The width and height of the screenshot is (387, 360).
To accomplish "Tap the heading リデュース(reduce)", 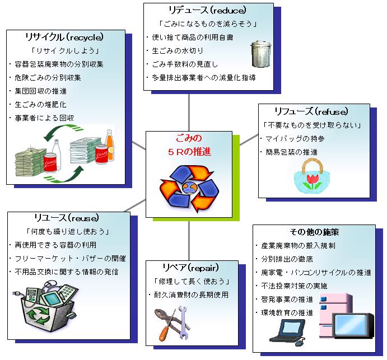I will pyautogui.click(x=207, y=10).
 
